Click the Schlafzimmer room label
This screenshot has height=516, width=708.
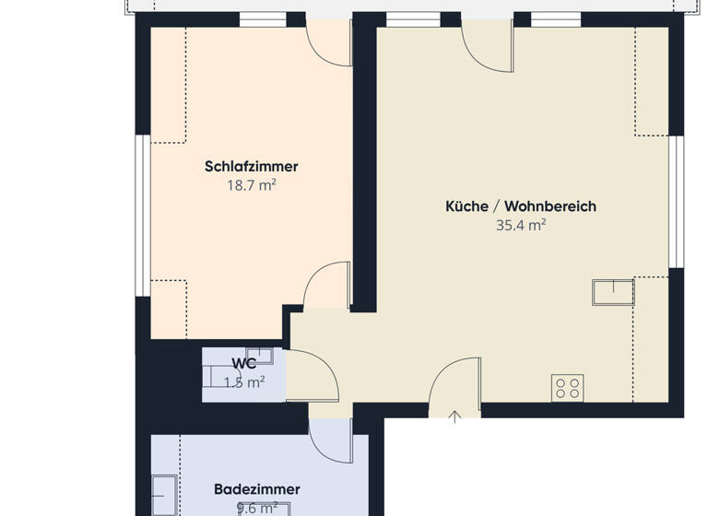[252, 167]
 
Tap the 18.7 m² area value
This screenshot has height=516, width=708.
[252, 185]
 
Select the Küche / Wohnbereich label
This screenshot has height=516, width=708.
[521, 206]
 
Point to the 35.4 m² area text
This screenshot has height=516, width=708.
[521, 224]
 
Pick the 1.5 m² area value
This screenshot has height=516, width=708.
[244, 382]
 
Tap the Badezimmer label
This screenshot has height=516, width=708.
[256, 489]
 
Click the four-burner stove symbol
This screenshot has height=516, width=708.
[567, 388]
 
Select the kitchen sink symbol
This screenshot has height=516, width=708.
[613, 291]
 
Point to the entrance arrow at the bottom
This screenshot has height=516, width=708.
[454, 417]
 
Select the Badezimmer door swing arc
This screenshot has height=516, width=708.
[330, 440]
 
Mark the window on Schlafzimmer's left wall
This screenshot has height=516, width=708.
[143, 216]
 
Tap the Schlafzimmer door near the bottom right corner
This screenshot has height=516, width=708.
[327, 286]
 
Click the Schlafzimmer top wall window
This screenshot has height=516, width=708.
[263, 19]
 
